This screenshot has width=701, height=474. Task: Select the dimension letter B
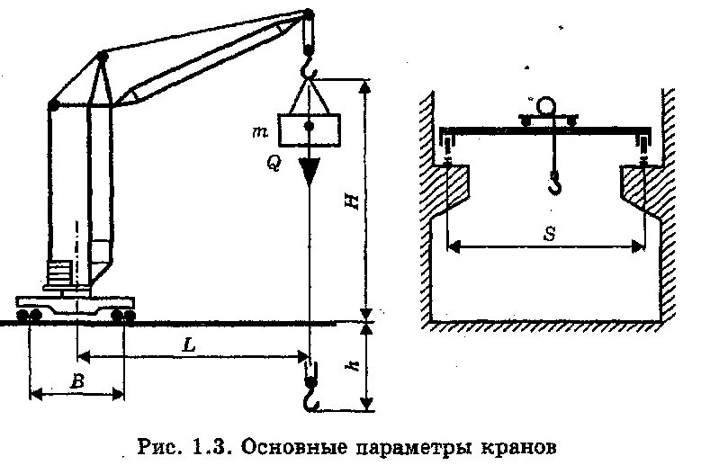coord(77,381)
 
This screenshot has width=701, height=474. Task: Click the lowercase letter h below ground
coord(355,366)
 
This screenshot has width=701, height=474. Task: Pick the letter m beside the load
coord(260,132)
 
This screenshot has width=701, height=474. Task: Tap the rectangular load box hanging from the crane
coord(309,130)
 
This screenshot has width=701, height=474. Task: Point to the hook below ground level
coord(311,397)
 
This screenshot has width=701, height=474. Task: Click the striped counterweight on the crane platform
coord(60,273)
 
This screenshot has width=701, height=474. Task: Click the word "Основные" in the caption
coord(290,446)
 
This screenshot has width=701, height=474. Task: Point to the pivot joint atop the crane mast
coord(102,58)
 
